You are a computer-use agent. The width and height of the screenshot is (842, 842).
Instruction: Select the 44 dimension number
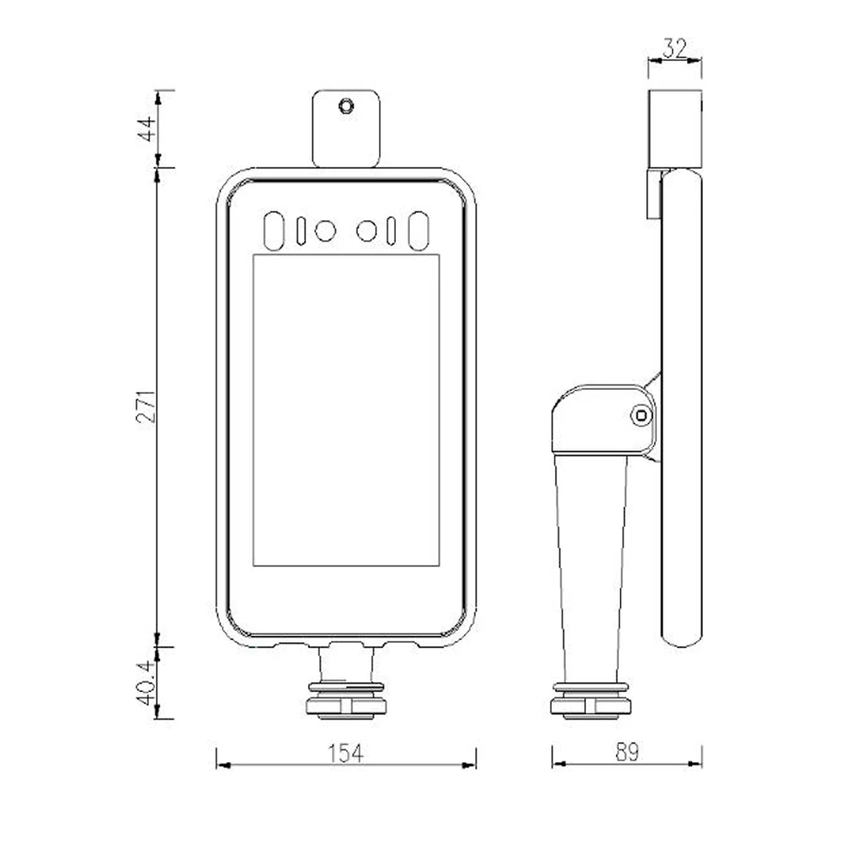pos(147,128)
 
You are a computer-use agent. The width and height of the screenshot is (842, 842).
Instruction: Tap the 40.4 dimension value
pos(147,683)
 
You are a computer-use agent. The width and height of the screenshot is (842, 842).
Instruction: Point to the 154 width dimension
pos(346,754)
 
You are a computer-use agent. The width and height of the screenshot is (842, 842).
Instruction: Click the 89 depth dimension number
pos(626,752)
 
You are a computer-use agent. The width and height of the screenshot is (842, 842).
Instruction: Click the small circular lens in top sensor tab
pos(346,105)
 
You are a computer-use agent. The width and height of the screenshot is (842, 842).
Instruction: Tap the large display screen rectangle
pos(346,410)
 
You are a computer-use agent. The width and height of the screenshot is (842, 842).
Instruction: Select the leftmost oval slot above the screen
pos(274,231)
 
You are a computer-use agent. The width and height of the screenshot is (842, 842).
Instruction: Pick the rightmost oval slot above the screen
pos(418,231)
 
